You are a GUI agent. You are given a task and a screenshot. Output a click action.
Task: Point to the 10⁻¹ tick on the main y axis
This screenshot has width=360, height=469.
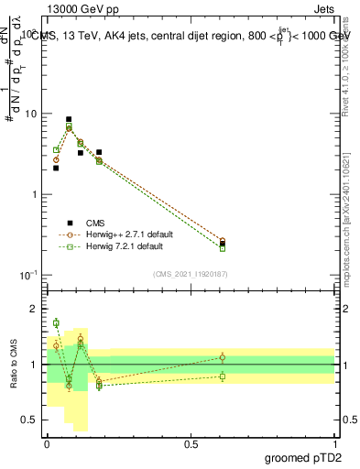click(x=29, y=276)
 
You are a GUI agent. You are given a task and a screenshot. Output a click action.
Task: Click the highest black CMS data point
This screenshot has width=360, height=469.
click(x=69, y=119)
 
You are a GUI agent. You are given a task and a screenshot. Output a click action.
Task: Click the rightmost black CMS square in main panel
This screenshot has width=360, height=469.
click(x=223, y=244)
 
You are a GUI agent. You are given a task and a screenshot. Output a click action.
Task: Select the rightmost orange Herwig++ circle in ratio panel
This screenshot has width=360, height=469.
click(x=223, y=357)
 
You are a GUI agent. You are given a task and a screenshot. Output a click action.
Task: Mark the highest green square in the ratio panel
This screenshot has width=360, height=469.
click(x=56, y=322)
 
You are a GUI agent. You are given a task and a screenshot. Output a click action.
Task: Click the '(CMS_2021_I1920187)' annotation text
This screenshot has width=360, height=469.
click(x=191, y=273)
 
